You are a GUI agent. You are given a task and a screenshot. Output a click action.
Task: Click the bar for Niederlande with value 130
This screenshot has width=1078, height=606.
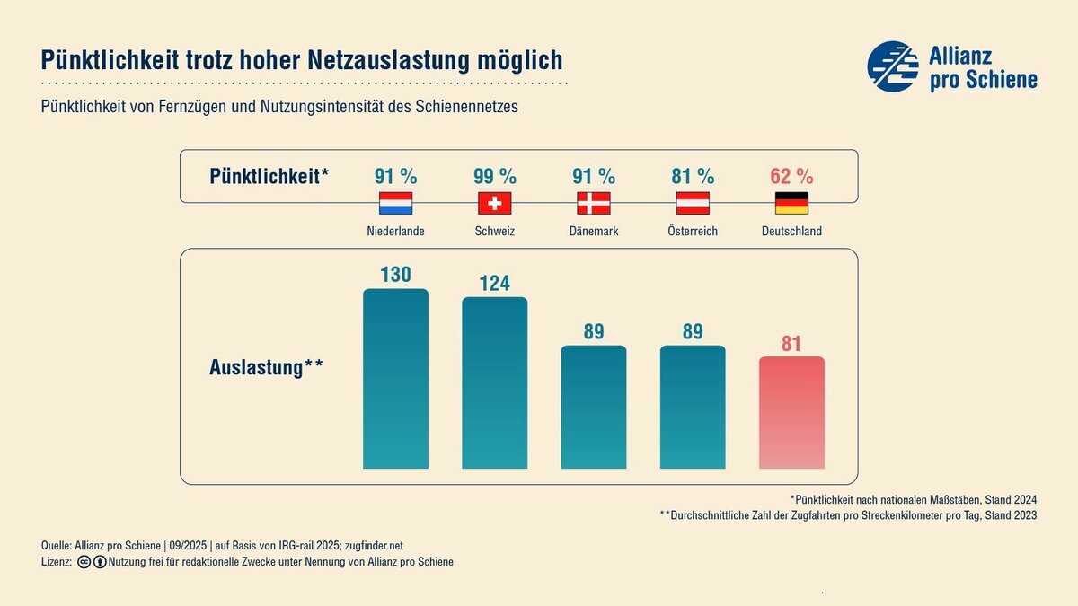(395, 378)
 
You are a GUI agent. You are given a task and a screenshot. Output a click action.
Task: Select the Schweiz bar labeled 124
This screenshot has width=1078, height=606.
(494, 382)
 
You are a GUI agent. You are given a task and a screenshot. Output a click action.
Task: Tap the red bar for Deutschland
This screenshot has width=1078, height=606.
(791, 412)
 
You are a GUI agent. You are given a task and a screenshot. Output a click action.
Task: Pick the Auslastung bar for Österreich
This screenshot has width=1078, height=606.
(693, 407)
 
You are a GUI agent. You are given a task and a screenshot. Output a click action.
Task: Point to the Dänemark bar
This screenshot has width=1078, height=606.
(594, 407)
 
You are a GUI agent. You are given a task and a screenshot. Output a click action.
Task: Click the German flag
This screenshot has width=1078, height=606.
(791, 203)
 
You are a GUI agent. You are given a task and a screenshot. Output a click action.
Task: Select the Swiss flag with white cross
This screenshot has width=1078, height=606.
(494, 203)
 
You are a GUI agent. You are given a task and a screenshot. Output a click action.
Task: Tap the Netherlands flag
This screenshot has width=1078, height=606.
(395, 203)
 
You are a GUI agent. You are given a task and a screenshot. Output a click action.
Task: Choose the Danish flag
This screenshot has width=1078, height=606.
(594, 203)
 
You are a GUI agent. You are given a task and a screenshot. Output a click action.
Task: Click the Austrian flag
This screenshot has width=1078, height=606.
(693, 203)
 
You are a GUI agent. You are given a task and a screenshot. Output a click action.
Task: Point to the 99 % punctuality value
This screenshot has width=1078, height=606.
(495, 175)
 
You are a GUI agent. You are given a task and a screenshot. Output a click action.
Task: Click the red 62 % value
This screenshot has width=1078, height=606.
(791, 175)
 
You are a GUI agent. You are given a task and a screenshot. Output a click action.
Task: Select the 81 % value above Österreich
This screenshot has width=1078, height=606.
(693, 175)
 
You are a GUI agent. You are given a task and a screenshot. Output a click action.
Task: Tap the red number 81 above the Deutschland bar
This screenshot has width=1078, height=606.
(791, 344)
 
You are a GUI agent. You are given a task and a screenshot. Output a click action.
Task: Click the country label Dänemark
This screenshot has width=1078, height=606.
(594, 232)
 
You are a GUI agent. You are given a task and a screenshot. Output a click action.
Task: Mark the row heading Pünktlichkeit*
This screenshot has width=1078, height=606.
(269, 176)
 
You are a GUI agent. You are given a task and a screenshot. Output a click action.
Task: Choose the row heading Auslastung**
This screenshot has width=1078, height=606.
(266, 367)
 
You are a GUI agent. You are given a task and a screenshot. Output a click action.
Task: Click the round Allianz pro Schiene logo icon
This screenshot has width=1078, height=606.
(893, 66)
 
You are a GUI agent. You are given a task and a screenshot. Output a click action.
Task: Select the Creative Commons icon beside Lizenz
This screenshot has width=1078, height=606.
(84, 562)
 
